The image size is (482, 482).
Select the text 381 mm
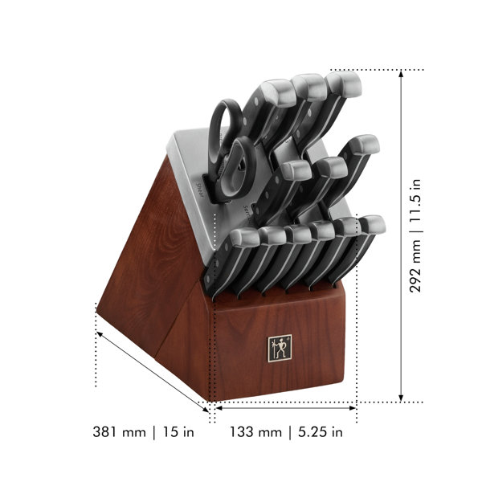click(x=120, y=432)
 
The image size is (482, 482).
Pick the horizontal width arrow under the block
click(x=285, y=408)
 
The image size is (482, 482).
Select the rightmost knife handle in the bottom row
click(x=366, y=241)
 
